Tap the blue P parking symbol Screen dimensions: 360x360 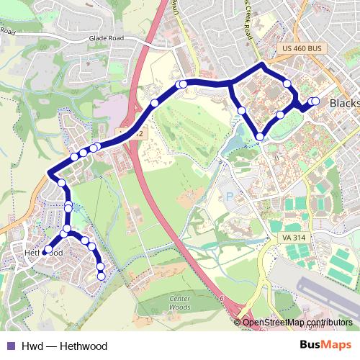pyautogui.click(x=230, y=195)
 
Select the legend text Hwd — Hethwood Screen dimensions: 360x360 pyautogui.click(x=64, y=346)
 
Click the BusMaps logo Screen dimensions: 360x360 pyautogui.click(x=325, y=346)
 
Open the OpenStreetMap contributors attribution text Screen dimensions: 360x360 pyautogui.click(x=298, y=323)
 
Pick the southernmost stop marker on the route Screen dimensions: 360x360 pyautogui.click(x=101, y=276)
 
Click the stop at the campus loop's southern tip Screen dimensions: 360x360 pyautogui.click(x=259, y=137)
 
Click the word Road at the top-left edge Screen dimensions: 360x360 pyautogui.click(x=7, y=32)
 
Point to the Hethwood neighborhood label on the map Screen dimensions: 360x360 pyautogui.click(x=45, y=253)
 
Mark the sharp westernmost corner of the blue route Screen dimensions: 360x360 pyautogui.click(x=49, y=173)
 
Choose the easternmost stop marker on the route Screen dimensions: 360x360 pyautogui.click(x=315, y=102)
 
